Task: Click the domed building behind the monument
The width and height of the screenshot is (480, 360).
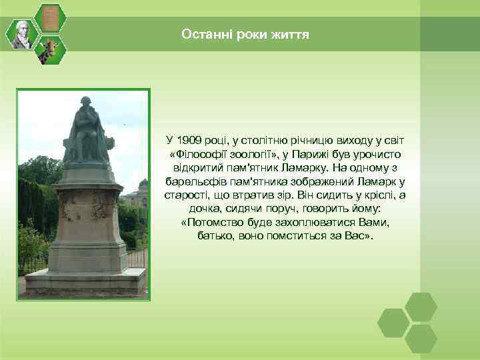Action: coord(142,190)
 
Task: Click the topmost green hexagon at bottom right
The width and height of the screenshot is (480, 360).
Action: coord(421,307)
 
